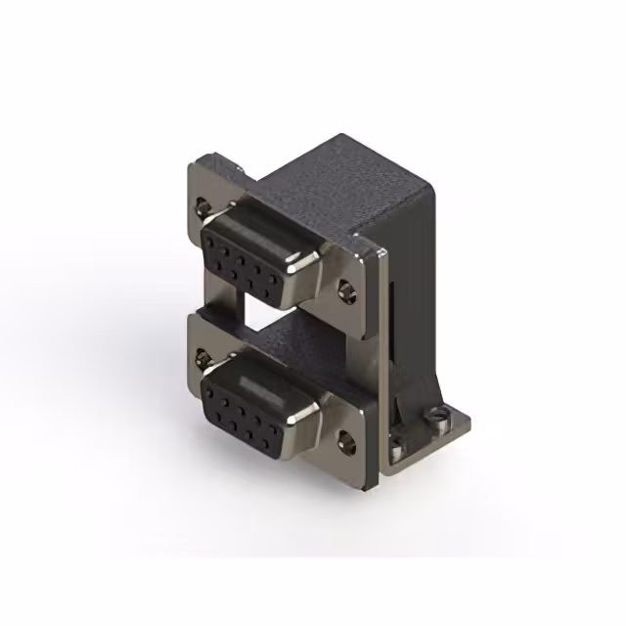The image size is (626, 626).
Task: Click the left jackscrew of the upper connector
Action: pyautogui.click(x=202, y=207)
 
